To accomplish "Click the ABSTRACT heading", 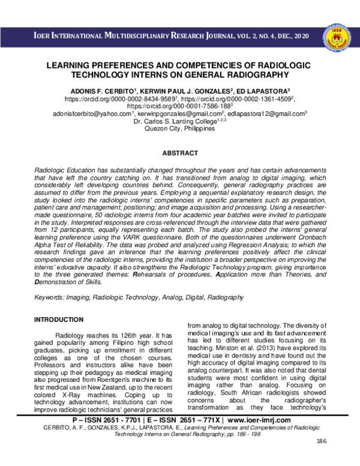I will [x=179, y=154].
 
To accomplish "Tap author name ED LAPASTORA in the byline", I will [x=246, y=87].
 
